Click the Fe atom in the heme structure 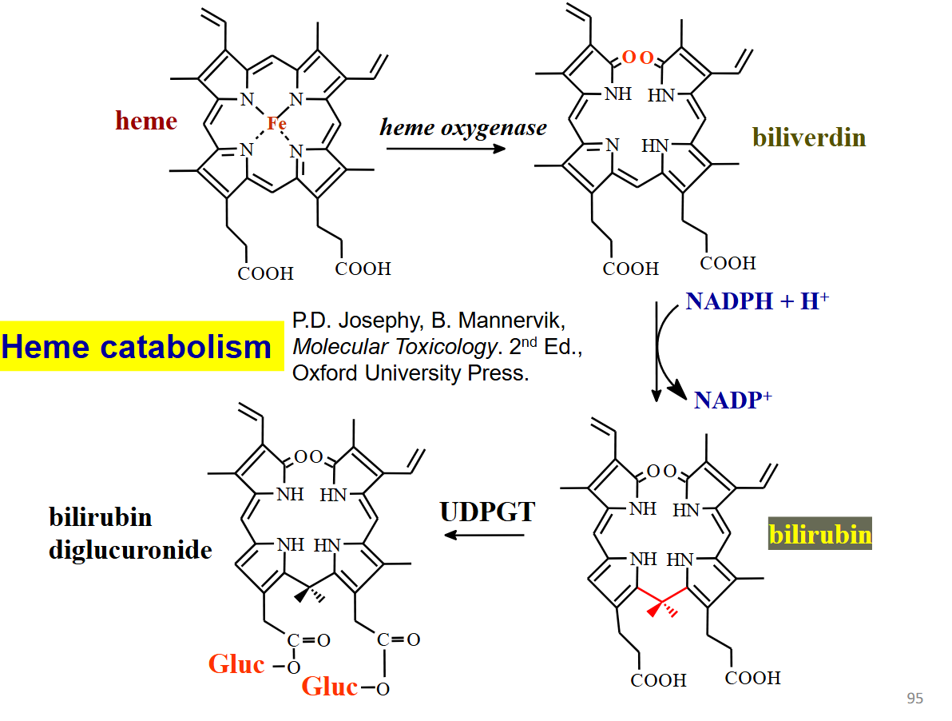click(x=276, y=123)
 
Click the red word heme click(x=146, y=121)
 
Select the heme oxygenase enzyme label click(x=463, y=127)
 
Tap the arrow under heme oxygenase click(x=444, y=149)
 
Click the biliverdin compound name click(x=808, y=137)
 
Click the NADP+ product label click(x=732, y=399)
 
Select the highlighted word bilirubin click(x=819, y=534)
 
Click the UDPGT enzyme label click(x=486, y=512)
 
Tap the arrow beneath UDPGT click(x=483, y=534)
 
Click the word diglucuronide click(x=130, y=550)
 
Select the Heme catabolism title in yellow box click(x=137, y=347)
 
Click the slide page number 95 click(x=914, y=699)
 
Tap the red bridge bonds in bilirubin click(x=663, y=598)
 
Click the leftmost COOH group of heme click(x=266, y=273)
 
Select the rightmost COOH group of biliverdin click(x=728, y=263)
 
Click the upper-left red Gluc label click(x=236, y=663)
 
